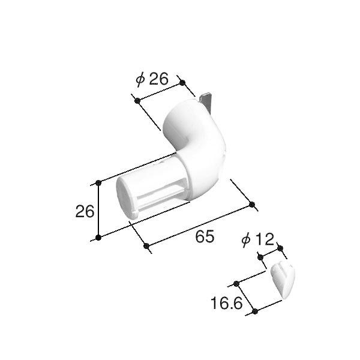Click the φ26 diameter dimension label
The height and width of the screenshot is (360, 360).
(x=152, y=79)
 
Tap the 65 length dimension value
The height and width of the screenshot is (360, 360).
(x=205, y=236)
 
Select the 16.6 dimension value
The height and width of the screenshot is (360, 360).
(x=226, y=303)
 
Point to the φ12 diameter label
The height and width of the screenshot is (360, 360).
(x=258, y=239)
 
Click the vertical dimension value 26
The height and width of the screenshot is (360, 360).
(x=85, y=211)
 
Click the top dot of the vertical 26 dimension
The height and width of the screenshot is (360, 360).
(x=98, y=183)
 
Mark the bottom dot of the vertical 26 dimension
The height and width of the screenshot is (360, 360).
(x=98, y=238)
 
